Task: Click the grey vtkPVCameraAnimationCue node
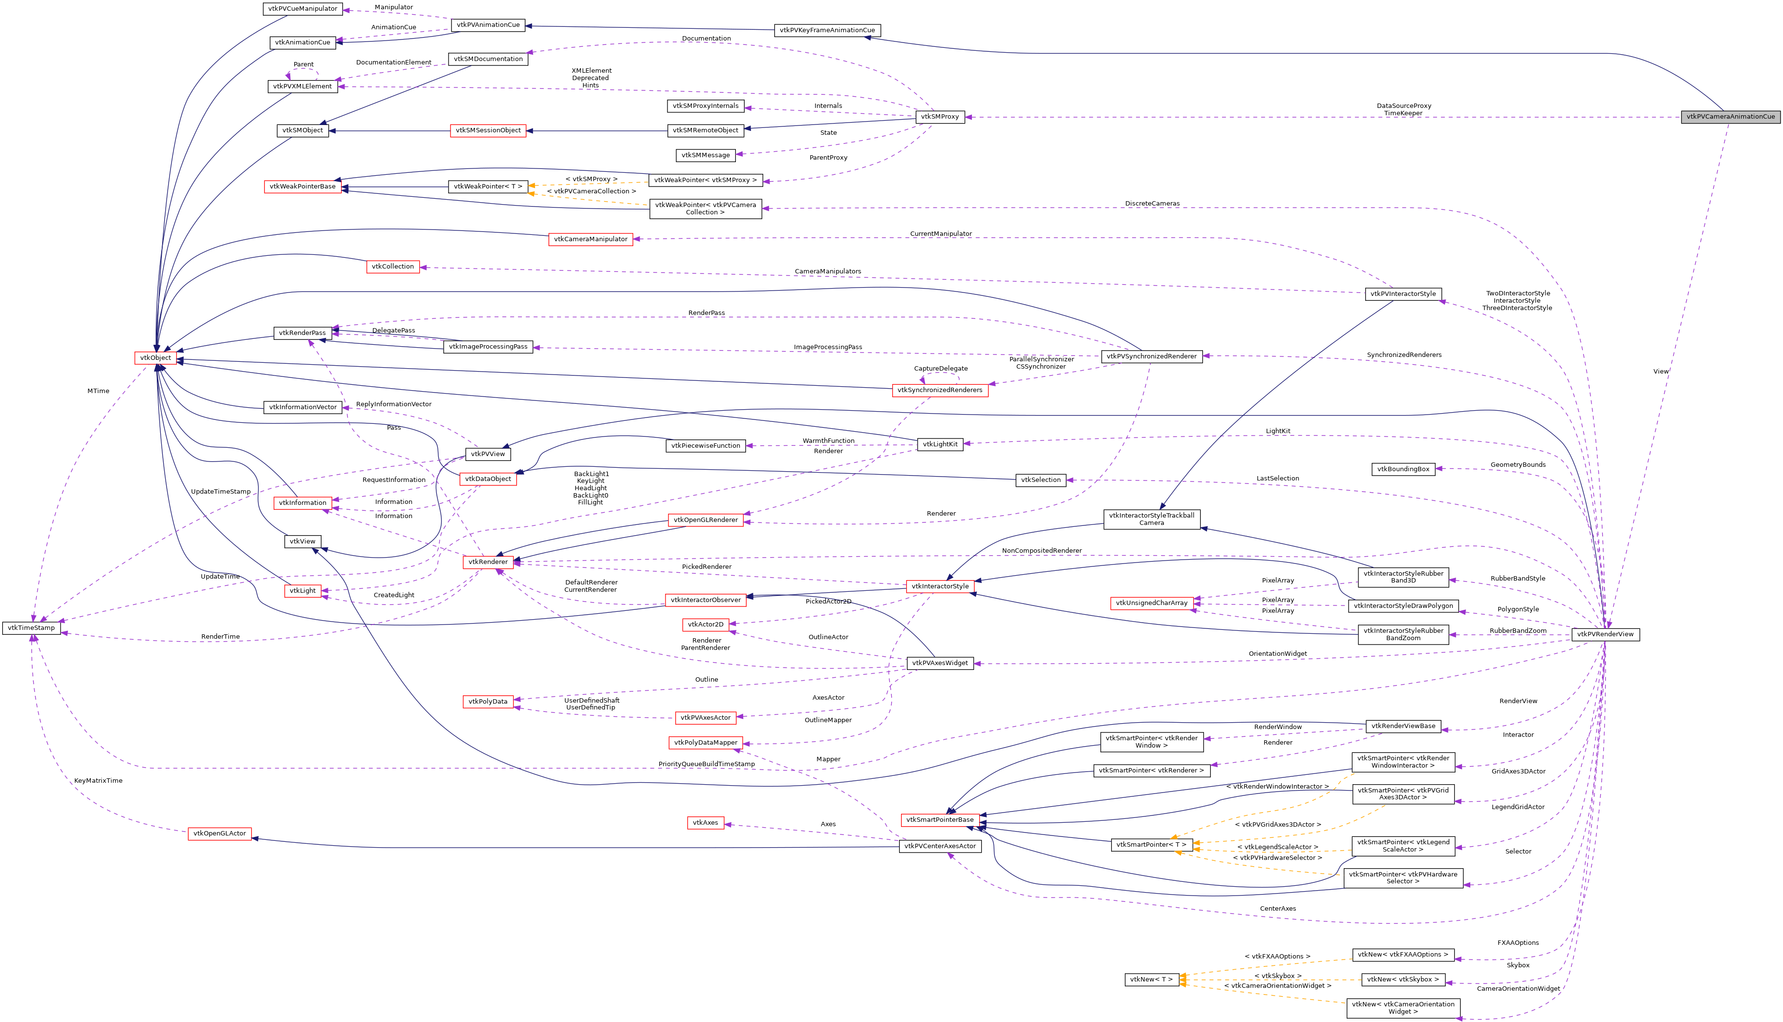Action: click(x=1730, y=117)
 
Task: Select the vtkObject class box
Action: click(x=155, y=358)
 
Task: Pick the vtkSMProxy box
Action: click(x=939, y=117)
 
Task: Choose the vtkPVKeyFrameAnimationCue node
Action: click(x=827, y=30)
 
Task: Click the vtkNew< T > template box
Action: click(x=1151, y=979)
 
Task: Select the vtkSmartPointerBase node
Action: click(x=940, y=820)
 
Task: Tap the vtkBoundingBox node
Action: click(x=1402, y=469)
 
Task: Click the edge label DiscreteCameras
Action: click(x=1152, y=204)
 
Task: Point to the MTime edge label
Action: click(x=98, y=391)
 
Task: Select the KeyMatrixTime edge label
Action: click(x=98, y=780)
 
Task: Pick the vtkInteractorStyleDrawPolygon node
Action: click(x=1402, y=606)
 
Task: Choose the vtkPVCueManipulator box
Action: click(x=302, y=9)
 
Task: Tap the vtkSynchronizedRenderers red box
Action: click(x=940, y=390)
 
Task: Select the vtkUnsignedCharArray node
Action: click(x=1151, y=603)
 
